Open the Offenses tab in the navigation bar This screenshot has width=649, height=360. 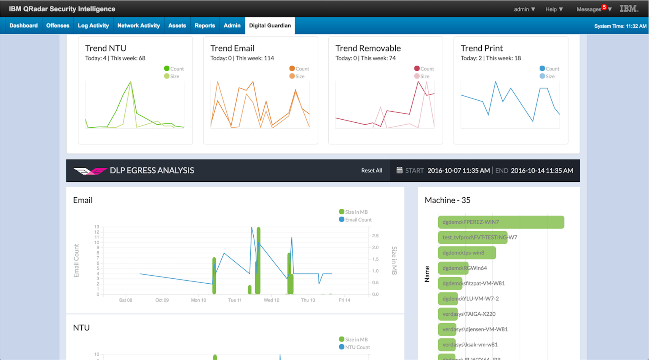tap(58, 26)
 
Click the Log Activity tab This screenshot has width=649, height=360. tap(93, 26)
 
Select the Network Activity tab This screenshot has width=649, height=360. tap(138, 26)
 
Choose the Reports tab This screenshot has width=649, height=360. tap(205, 26)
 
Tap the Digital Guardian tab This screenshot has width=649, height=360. tap(270, 26)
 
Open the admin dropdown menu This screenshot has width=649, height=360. tap(524, 9)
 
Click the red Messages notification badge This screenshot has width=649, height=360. tap(604, 7)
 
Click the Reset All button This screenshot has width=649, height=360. tap(371, 171)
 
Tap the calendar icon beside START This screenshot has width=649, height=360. tap(399, 170)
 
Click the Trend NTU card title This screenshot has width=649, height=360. tap(106, 48)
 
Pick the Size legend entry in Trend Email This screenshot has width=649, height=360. tap(297, 76)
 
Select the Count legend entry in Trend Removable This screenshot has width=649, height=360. tap(424, 69)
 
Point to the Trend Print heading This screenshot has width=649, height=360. tap(482, 48)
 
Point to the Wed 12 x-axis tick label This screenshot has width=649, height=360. tap(271, 300)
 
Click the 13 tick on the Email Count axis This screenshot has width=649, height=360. tap(96, 227)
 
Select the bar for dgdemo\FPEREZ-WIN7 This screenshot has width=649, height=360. tap(501, 222)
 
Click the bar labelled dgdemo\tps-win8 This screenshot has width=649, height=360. tap(467, 253)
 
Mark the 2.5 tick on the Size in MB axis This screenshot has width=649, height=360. tap(375, 236)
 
